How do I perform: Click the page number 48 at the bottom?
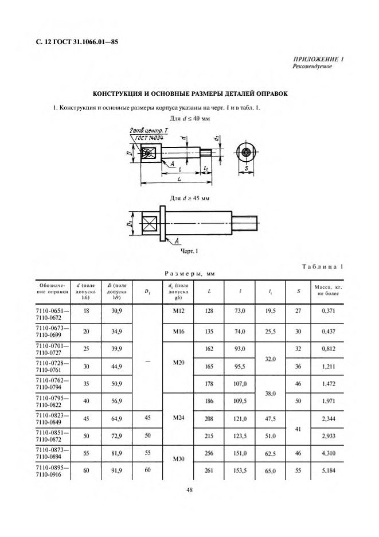189,490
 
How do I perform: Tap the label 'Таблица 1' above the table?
322,266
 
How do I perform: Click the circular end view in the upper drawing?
245,153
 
